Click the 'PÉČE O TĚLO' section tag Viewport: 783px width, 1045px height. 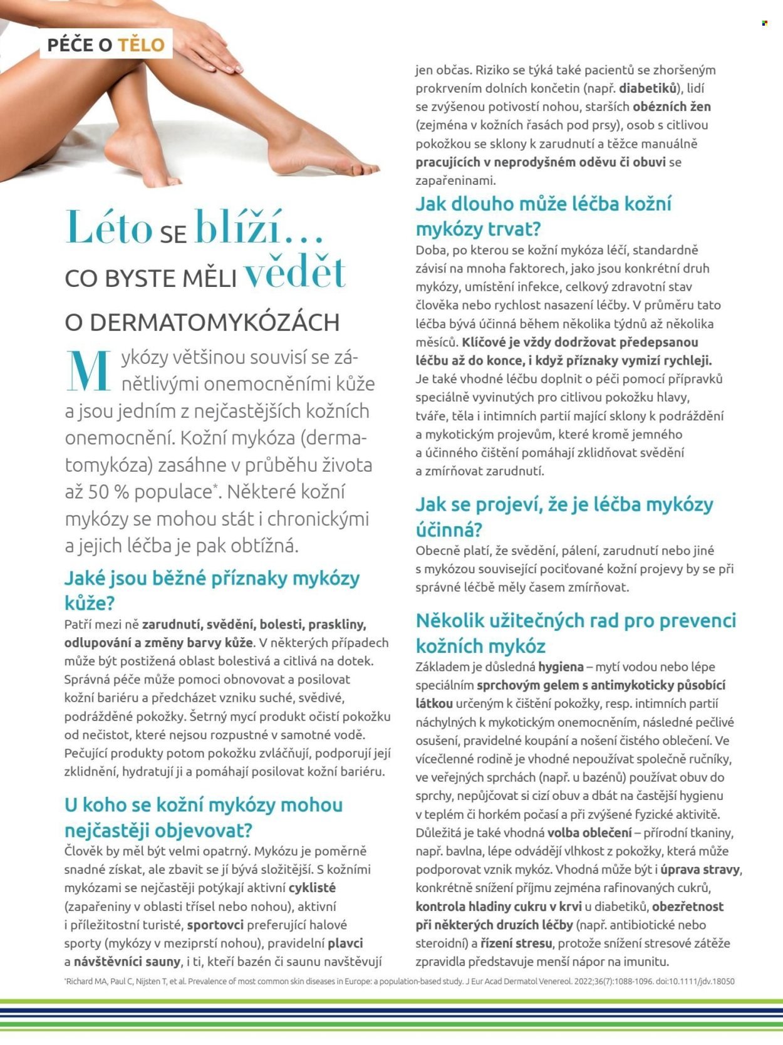pos(106,44)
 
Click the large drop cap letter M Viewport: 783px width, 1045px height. pos(90,371)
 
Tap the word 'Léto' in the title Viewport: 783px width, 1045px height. pos(109,227)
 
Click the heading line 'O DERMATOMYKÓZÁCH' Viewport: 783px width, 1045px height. pos(202,322)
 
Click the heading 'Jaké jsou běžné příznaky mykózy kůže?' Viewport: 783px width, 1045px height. pos(212,590)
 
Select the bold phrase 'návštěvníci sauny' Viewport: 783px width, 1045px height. pos(127,962)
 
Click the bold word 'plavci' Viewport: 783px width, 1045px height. pos(345,943)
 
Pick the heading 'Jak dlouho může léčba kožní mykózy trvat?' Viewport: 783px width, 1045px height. pos(543,216)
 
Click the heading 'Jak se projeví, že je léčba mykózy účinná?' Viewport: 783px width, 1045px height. pos(564,516)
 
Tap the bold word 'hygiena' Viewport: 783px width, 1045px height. pos(561,667)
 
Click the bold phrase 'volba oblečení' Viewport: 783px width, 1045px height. pos(589,833)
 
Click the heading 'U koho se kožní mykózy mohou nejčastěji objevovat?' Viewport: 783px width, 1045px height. pos(204,817)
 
